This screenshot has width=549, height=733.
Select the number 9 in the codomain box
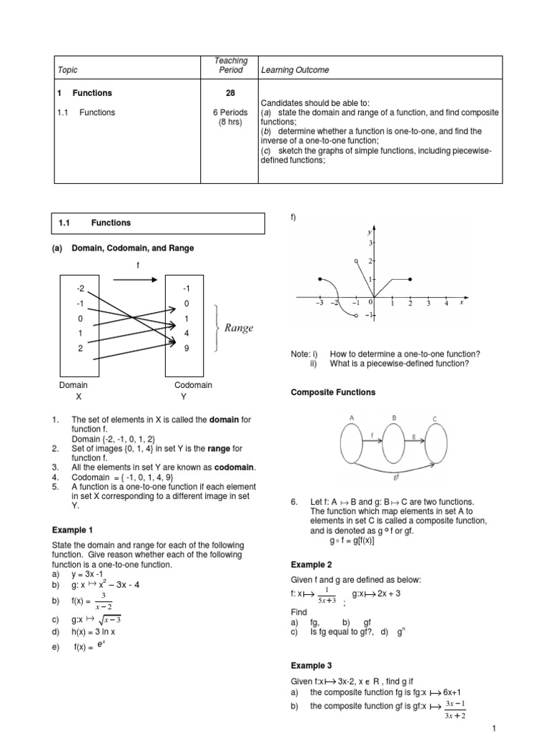point(187,349)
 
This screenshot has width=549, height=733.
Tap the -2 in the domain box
point(80,288)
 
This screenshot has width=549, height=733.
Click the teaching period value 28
point(231,93)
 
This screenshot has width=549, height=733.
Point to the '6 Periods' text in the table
point(231,112)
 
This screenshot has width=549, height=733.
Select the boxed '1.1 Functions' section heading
point(158,223)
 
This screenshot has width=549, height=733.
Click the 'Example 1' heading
point(72,530)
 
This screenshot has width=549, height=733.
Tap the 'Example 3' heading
point(311,665)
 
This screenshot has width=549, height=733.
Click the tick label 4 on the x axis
point(446,304)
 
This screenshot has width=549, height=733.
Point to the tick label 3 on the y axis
point(371,244)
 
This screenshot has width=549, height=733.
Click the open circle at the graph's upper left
point(356,261)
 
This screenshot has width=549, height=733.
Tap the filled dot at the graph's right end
point(410,279)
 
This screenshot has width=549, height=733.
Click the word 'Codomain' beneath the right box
point(193,385)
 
